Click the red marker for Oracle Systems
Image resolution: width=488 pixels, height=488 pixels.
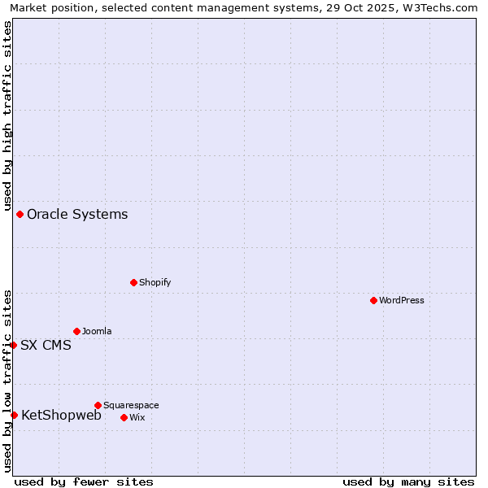[20, 215]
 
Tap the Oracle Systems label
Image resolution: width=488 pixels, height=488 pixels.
[77, 215]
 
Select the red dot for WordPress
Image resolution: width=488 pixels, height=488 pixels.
[373, 301]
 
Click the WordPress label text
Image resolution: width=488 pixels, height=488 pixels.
[402, 301]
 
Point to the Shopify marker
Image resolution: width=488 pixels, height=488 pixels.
[134, 283]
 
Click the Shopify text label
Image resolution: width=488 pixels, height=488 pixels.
[155, 283]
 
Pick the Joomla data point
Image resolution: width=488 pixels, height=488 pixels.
[77, 331]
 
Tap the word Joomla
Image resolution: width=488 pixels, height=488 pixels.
[97, 332]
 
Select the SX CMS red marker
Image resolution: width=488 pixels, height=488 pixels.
[14, 345]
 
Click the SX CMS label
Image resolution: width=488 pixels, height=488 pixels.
[46, 345]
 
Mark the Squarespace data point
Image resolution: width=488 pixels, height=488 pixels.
[98, 405]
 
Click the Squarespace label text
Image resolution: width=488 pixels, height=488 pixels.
[131, 405]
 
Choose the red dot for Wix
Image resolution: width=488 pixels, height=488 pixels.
[124, 417]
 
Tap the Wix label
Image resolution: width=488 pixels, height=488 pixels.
[137, 417]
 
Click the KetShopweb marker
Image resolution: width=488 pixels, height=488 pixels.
[14, 415]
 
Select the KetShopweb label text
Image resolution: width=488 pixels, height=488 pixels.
[61, 415]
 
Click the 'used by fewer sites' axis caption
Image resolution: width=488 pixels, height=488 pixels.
[84, 481]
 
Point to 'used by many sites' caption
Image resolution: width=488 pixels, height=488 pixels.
[408, 481]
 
